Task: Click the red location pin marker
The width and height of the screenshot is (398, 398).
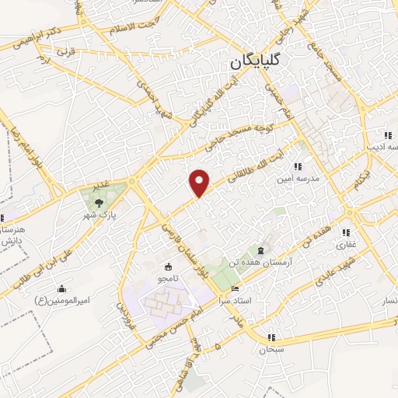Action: click(x=200, y=183)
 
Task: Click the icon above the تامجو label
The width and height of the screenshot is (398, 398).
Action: click(x=170, y=266)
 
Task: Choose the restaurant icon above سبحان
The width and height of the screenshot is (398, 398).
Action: click(x=271, y=337)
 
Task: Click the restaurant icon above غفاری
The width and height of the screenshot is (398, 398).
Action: click(x=346, y=232)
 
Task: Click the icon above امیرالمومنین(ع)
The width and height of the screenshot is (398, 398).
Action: click(x=61, y=290)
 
